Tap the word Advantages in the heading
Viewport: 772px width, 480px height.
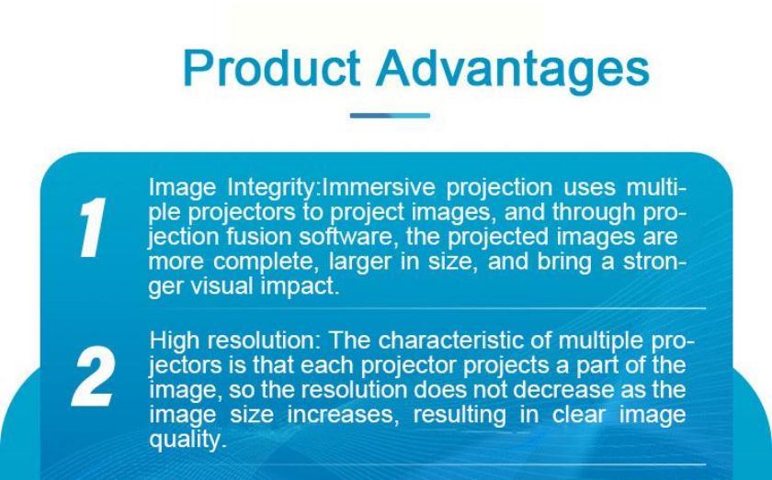pos(514,70)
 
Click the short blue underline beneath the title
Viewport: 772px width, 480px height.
pos(390,116)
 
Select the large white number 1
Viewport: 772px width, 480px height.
pos(92,228)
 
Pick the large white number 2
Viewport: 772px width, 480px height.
pos(94,376)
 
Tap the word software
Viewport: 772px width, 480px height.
pos(349,237)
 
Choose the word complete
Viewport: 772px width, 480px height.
pos(265,262)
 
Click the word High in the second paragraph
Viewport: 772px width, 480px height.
pos(175,340)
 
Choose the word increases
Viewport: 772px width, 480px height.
pos(341,415)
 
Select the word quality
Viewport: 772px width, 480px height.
pos(187,440)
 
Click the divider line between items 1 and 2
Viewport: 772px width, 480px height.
pos(426,309)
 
